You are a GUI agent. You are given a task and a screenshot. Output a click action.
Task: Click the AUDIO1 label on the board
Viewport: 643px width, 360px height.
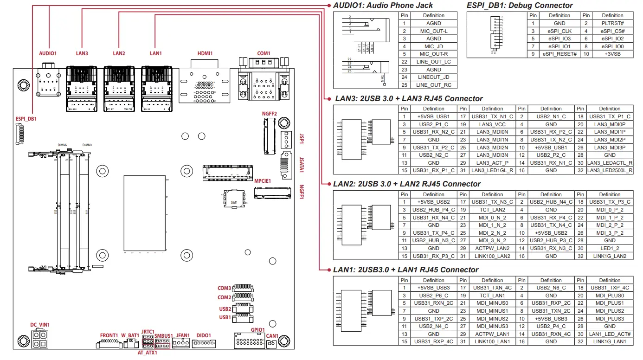pos(47,53)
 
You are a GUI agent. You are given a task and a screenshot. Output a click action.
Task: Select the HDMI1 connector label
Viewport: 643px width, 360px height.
pos(205,53)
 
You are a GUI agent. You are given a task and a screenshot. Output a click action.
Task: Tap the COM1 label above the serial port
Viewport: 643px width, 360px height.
pos(264,53)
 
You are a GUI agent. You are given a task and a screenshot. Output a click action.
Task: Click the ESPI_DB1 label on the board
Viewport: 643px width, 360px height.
pos(26,119)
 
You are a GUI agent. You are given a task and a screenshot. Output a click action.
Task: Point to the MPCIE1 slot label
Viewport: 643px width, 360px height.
pos(263,180)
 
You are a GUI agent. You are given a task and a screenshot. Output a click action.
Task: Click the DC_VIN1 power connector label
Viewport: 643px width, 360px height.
pos(40,325)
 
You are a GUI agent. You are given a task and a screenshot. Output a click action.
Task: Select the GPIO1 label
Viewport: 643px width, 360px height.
pos(258,330)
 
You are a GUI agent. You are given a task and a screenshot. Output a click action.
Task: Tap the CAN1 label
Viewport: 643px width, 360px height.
pos(272,336)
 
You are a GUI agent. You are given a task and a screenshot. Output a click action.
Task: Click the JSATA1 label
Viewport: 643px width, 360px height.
pos(302,165)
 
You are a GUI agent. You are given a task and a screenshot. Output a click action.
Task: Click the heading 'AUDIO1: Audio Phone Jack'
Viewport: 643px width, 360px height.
pos(383,6)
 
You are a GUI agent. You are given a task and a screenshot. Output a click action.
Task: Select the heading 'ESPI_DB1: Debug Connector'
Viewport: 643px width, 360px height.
pos(520,6)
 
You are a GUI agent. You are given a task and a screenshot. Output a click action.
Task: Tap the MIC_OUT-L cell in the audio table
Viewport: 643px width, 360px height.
pos(434,31)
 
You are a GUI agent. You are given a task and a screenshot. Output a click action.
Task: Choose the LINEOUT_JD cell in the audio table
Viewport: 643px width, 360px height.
pos(434,77)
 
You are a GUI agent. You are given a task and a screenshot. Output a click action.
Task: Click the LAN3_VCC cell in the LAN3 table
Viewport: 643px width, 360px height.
pos(492,124)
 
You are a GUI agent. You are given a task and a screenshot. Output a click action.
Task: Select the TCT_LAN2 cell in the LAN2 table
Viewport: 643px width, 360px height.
pos(492,210)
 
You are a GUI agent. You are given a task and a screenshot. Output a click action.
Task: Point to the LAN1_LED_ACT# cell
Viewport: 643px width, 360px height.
pos(610,334)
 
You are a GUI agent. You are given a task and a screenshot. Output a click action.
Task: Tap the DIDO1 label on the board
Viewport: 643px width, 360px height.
pos(204,335)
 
